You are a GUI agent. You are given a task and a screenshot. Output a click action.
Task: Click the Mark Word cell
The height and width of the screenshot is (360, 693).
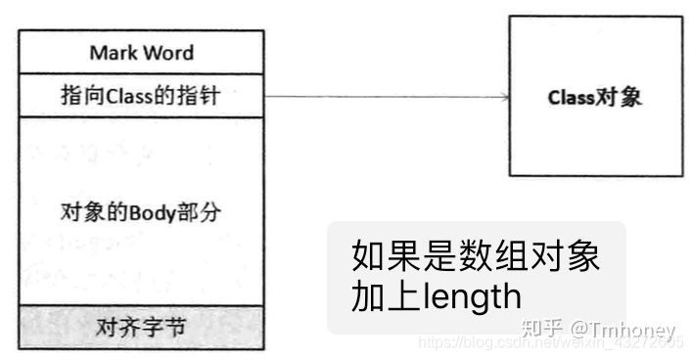click(x=141, y=52)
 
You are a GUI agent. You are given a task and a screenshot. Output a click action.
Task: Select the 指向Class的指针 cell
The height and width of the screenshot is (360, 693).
click(x=141, y=96)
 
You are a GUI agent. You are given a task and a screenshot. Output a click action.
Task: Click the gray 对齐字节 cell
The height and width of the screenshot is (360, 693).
click(x=141, y=327)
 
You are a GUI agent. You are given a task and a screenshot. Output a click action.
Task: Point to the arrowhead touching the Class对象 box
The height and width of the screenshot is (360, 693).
click(x=502, y=96)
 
